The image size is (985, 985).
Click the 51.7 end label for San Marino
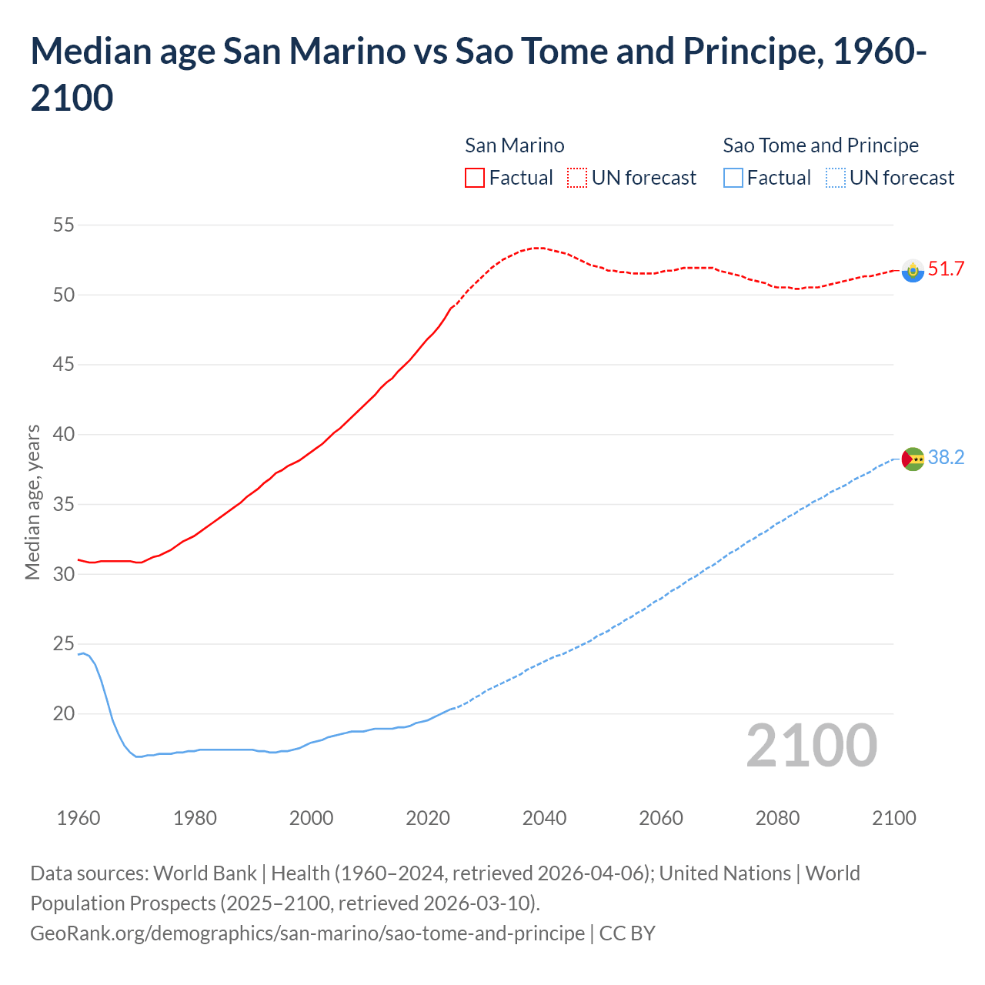(x=946, y=269)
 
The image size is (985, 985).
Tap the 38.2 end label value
(x=946, y=458)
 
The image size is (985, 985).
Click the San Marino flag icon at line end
(x=913, y=271)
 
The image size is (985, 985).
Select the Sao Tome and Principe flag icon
(x=913, y=459)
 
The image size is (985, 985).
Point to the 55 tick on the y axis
(x=64, y=225)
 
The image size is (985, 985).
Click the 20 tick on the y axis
(x=64, y=714)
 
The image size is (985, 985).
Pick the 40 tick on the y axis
(x=64, y=435)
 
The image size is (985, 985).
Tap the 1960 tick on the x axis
(x=78, y=818)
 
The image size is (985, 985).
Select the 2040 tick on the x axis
(x=544, y=818)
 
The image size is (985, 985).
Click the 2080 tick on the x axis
(x=777, y=818)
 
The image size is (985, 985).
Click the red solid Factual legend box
(x=475, y=178)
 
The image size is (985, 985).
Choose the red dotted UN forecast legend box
(x=577, y=178)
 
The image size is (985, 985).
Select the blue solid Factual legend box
(x=733, y=178)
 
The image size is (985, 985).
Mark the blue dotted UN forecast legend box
(x=836, y=178)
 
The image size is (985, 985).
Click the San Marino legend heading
(x=514, y=145)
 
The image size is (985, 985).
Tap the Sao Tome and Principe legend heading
(x=820, y=145)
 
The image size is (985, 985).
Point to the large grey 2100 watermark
(x=812, y=746)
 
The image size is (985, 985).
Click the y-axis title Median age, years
(x=32, y=502)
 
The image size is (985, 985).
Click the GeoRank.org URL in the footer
(x=307, y=933)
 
